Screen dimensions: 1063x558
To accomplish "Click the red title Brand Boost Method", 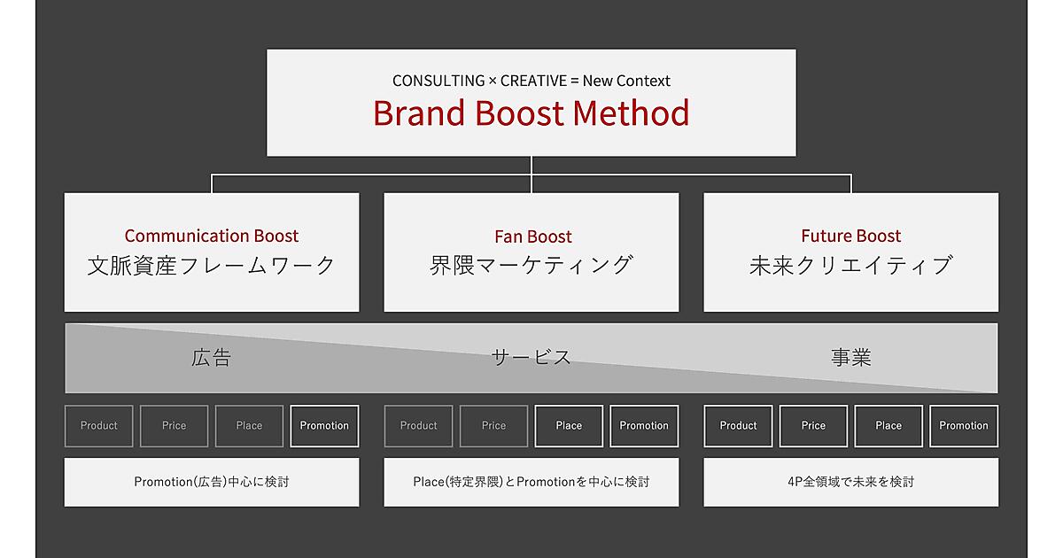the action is pos(531,113).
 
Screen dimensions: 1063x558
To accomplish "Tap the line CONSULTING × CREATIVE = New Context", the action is pos(531,81).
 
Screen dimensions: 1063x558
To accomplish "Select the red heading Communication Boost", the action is pos(212,236).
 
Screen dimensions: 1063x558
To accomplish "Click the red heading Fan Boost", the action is pos(533,236).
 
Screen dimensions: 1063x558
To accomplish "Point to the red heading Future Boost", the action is pos(851,236).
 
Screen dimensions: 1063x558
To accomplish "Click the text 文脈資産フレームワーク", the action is pos(212,265).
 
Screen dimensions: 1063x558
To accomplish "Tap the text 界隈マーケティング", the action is pos(531,265).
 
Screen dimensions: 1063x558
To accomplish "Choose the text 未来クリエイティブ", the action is pos(851,265).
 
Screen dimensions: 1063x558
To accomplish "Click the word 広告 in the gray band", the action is pos(211,357).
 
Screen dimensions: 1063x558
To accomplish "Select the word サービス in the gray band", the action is pos(531,357).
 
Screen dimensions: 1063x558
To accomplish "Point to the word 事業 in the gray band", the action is pos(851,357).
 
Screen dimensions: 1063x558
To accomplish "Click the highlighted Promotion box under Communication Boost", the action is pos(324,426).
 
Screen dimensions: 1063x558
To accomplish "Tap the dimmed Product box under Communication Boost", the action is pos(98,426).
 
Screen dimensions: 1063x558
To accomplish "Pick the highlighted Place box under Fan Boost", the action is pos(569,426).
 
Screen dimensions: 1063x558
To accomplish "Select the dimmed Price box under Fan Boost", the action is pos(493,426).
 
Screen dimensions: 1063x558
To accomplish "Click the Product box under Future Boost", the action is pos(738,426).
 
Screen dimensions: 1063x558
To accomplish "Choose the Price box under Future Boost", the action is pos(813,426).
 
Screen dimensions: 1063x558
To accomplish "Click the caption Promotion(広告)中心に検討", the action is pos(212,482).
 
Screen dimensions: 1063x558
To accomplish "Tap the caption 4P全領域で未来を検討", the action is pos(851,482).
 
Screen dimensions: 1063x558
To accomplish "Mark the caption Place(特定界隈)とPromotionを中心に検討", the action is pos(531,482).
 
